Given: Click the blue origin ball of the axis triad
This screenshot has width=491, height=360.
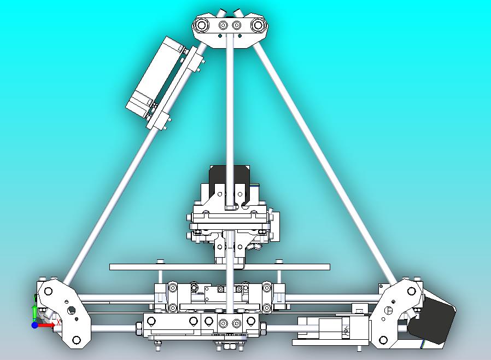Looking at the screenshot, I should [34, 325].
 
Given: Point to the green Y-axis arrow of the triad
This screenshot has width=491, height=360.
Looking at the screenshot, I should [35, 313].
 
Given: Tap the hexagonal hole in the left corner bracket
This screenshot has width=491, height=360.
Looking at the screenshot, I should [72, 310].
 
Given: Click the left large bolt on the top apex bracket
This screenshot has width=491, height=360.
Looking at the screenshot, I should [201, 25].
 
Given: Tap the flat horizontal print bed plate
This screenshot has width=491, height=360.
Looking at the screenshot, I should [219, 267].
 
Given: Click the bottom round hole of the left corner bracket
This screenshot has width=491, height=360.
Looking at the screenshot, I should [76, 340].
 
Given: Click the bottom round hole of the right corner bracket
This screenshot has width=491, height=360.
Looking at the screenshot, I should [383, 340].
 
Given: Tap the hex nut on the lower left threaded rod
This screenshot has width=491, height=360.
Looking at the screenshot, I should [138, 328].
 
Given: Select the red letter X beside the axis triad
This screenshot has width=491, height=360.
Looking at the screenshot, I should [59, 323].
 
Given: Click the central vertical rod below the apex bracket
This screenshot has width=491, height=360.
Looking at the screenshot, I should [230, 109].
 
